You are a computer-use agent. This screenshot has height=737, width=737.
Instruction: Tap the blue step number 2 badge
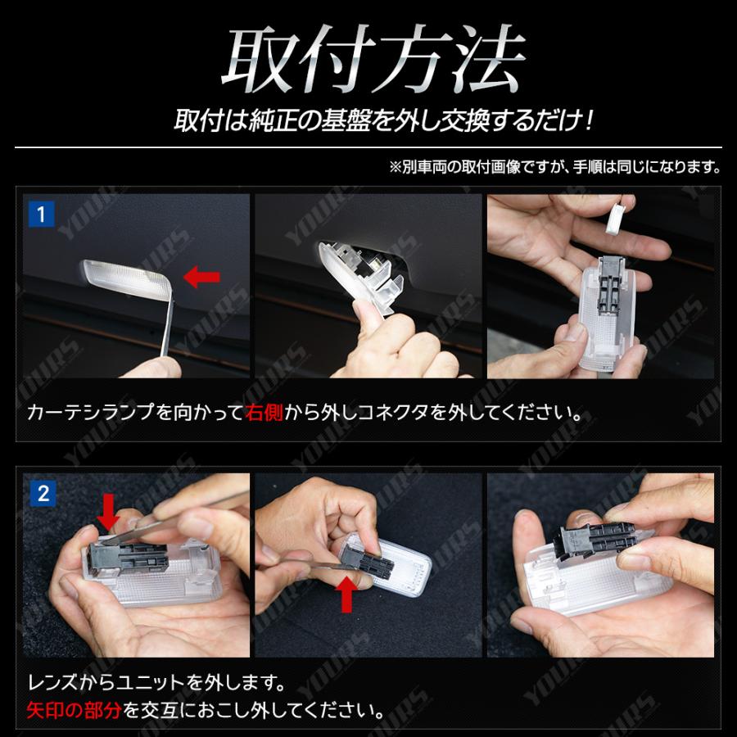(41, 494)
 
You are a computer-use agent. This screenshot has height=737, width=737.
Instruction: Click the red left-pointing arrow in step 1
(201, 278)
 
